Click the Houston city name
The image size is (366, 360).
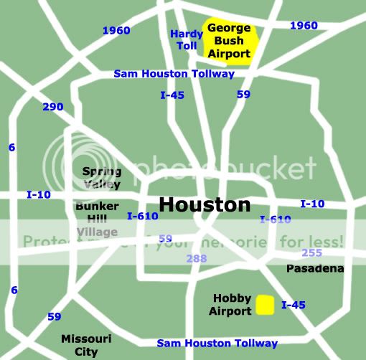205,205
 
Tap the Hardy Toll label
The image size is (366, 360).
187,39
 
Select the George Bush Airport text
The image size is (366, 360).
229,41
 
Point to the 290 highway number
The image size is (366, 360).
52,107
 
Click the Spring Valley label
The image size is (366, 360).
102,177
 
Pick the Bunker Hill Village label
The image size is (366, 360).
97,219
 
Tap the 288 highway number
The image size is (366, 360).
196,258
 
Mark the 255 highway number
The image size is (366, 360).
311,252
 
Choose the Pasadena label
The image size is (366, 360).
315,268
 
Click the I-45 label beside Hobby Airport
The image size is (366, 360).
294,305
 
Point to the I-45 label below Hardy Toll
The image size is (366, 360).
172,94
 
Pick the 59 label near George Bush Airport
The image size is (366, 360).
243,94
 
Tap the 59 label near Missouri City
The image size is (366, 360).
54,316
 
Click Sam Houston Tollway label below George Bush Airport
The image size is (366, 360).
174,74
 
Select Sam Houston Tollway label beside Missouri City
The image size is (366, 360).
217,344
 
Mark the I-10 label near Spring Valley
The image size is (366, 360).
39,194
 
